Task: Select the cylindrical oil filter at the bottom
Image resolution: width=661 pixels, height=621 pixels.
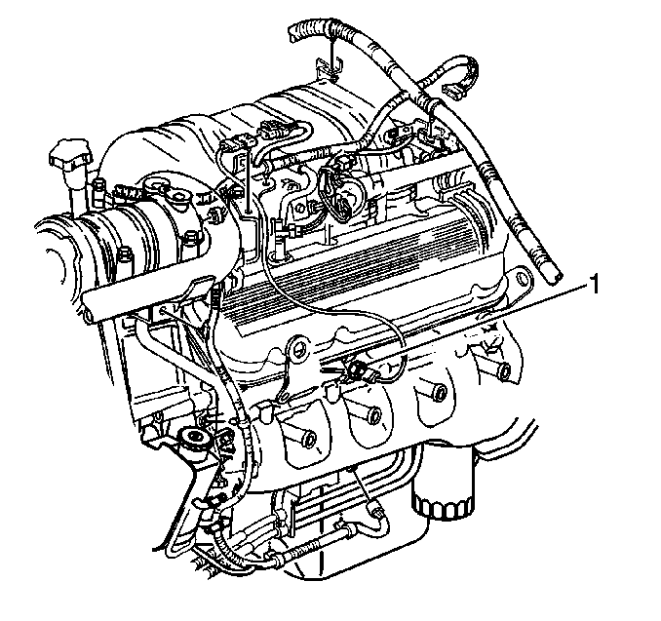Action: (443, 490)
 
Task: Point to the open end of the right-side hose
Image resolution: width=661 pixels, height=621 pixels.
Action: (554, 278)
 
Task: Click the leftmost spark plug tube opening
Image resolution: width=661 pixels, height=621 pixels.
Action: (311, 440)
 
